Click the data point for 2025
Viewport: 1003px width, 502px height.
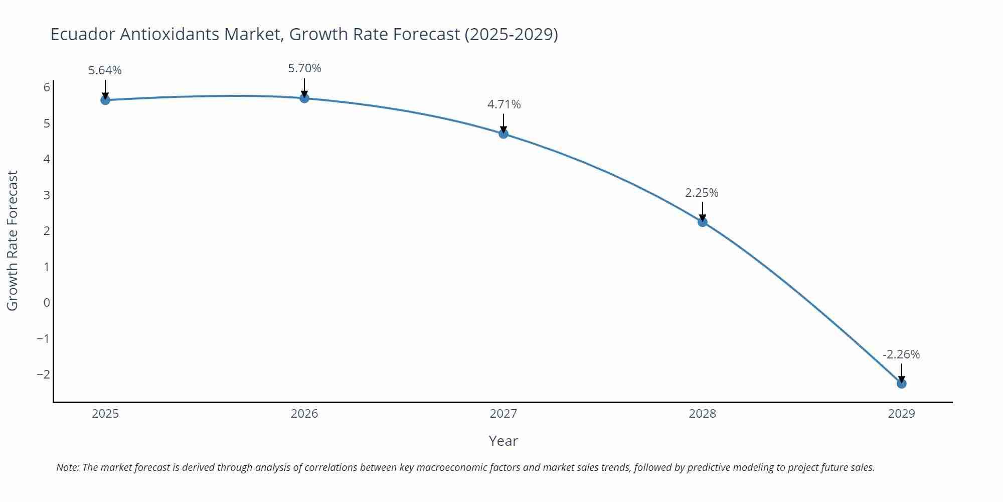pyautogui.click(x=105, y=100)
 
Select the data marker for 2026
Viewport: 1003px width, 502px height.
pyautogui.click(x=304, y=98)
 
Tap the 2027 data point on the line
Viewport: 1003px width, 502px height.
pyautogui.click(x=504, y=134)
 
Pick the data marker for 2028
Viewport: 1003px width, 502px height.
pyautogui.click(x=703, y=222)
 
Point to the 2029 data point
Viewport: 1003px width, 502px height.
pyautogui.click(x=901, y=384)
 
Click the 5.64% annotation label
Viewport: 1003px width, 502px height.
pyautogui.click(x=105, y=70)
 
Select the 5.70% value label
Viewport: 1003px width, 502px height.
pyautogui.click(x=304, y=68)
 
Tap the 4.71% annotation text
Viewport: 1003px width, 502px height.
pyautogui.click(x=504, y=104)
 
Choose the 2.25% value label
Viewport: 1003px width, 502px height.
pyautogui.click(x=702, y=193)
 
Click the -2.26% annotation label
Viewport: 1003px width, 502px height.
pyautogui.click(x=901, y=354)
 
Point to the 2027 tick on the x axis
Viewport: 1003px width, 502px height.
pyautogui.click(x=504, y=414)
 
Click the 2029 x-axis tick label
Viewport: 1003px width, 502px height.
pyautogui.click(x=901, y=414)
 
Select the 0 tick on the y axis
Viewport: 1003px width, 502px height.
pyautogui.click(x=47, y=303)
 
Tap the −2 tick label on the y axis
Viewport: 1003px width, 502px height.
pyautogui.click(x=44, y=374)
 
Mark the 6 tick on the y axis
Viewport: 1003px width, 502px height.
pyautogui.click(x=47, y=87)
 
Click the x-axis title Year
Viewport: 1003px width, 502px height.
pyautogui.click(x=503, y=441)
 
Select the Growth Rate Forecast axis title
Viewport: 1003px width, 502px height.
pyautogui.click(x=13, y=240)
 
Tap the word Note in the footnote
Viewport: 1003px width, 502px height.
pyautogui.click(x=67, y=467)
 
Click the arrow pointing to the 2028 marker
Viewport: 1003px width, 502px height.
pyautogui.click(x=703, y=211)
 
